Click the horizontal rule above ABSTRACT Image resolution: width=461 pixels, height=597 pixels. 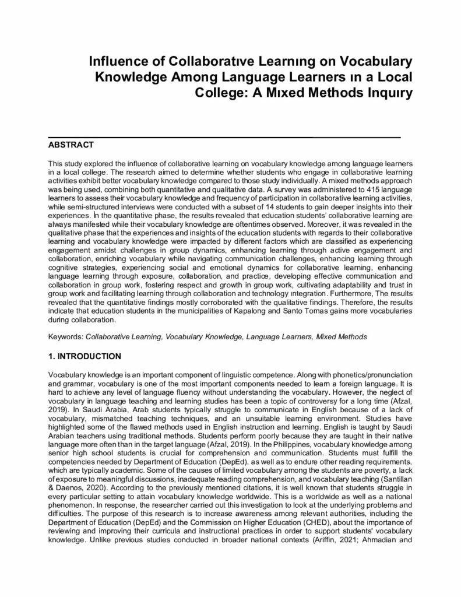click(224, 136)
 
